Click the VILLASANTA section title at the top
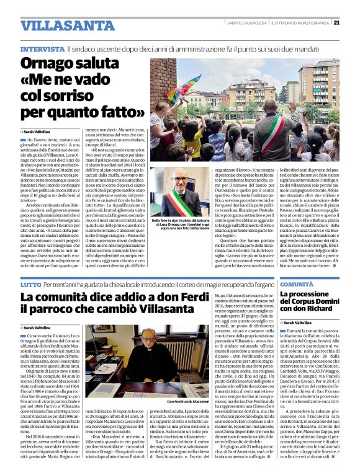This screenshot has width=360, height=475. pos(58,25)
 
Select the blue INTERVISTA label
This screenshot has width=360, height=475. pos(43,48)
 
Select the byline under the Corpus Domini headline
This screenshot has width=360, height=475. pos(295,323)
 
